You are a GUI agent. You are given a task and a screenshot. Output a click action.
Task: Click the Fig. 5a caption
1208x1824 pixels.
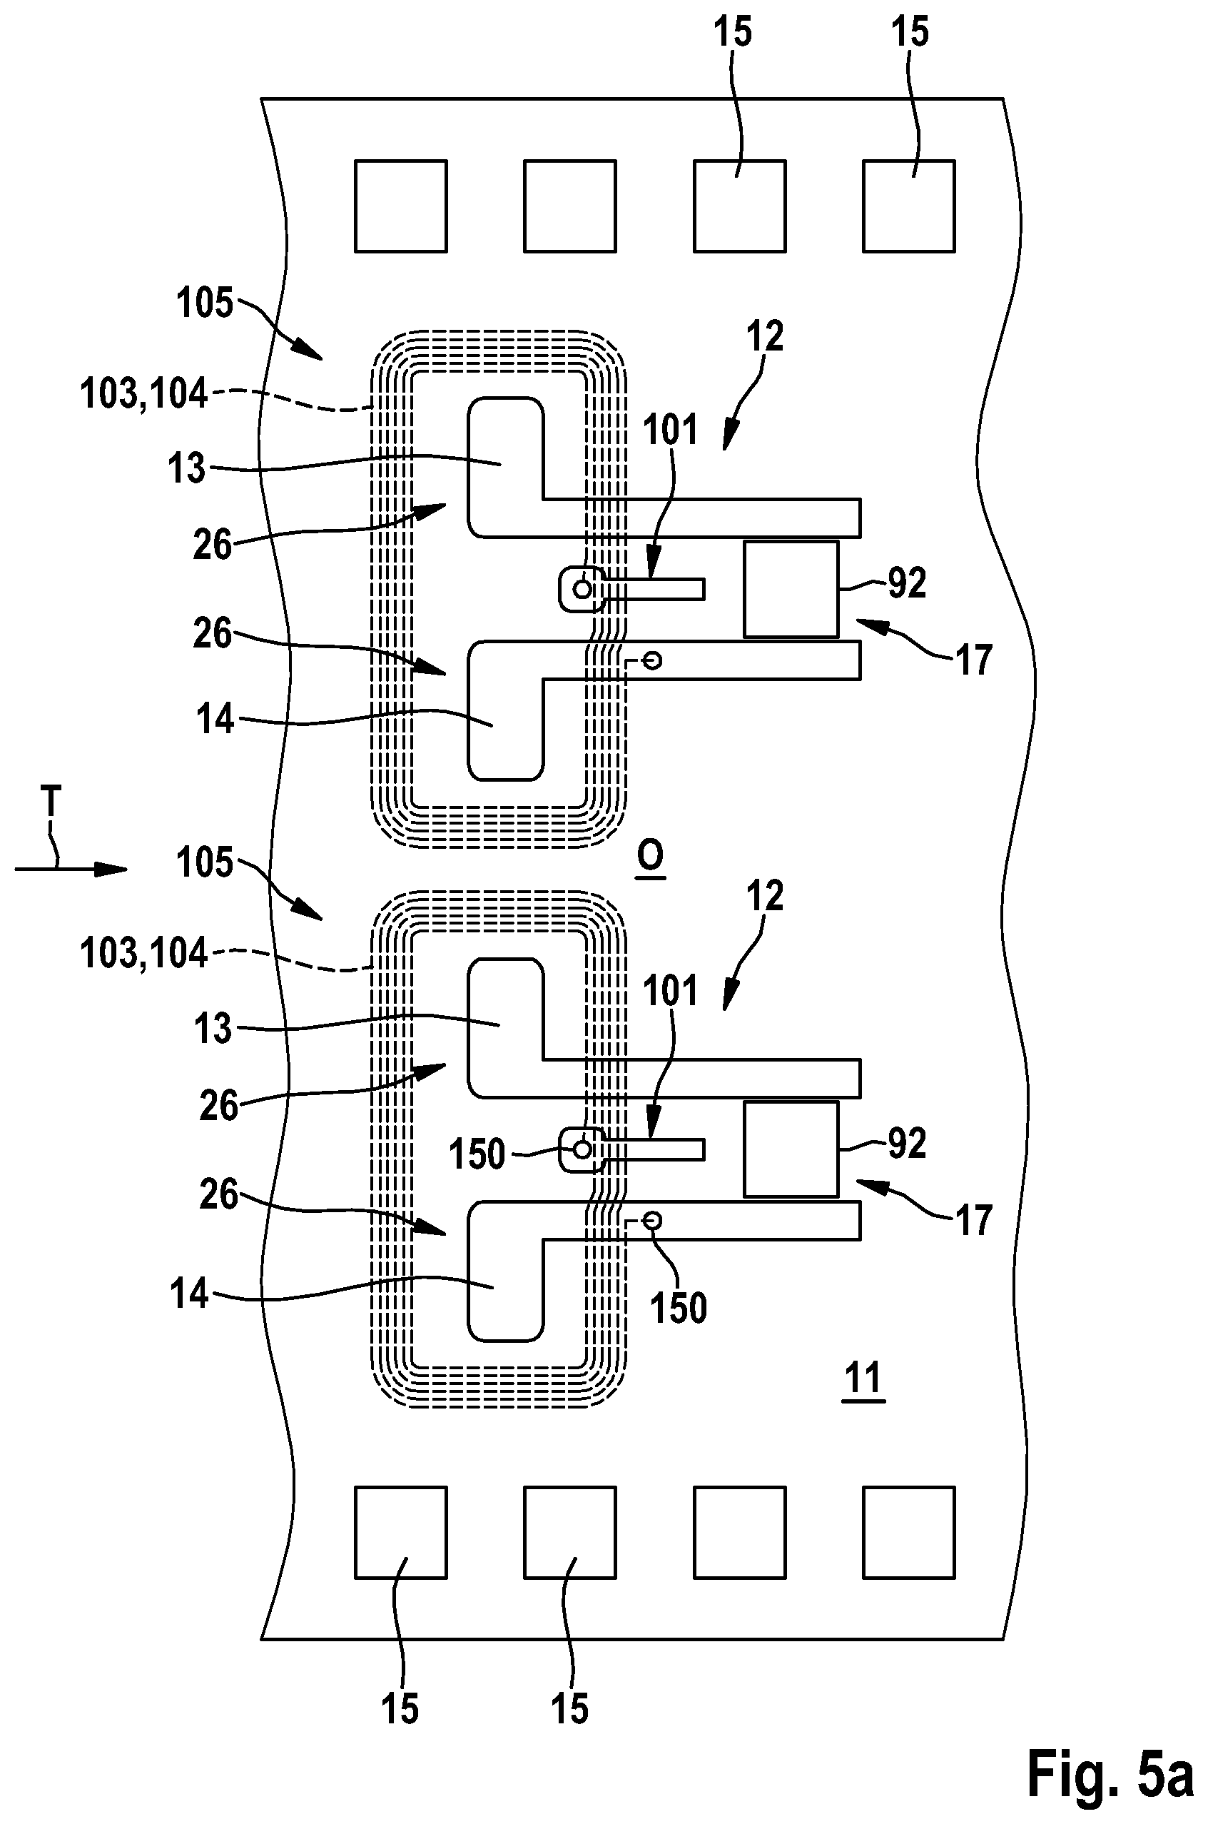coord(1110,1773)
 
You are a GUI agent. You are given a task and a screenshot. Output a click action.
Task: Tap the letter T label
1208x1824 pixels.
coord(51,802)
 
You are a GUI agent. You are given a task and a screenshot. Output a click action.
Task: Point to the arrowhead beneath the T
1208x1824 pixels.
coord(112,870)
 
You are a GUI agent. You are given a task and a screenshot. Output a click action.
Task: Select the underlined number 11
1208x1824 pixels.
coord(863,1377)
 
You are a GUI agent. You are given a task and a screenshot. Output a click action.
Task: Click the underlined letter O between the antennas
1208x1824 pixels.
coord(651,855)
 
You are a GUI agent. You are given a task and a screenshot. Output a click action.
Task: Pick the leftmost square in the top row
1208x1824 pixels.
coord(400,206)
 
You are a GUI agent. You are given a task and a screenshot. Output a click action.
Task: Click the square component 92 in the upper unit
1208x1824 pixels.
coord(791,590)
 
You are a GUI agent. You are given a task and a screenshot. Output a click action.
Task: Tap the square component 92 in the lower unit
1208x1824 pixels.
coord(791,1149)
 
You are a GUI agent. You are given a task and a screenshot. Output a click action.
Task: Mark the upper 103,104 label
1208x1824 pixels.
coord(144,395)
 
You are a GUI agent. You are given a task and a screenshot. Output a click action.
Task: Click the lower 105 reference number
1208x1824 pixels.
coord(204,862)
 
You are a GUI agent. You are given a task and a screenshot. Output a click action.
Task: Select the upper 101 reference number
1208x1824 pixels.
coord(670,429)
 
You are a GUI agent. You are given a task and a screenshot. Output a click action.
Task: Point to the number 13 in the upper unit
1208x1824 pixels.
coord(186,468)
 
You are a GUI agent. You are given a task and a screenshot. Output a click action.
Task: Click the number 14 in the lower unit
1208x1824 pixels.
coord(190,1294)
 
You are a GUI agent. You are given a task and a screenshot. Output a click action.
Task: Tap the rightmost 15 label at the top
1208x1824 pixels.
coord(910,32)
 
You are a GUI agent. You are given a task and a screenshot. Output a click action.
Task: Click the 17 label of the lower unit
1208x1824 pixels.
coord(973,1221)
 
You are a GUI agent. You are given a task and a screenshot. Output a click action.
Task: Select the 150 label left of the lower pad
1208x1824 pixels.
coord(477,1154)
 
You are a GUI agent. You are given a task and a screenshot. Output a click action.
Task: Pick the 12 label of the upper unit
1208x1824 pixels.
coord(765,336)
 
